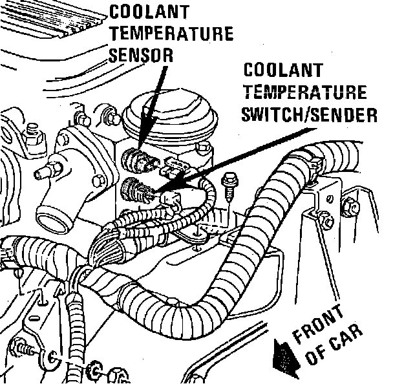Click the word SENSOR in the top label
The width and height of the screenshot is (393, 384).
(141, 54)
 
